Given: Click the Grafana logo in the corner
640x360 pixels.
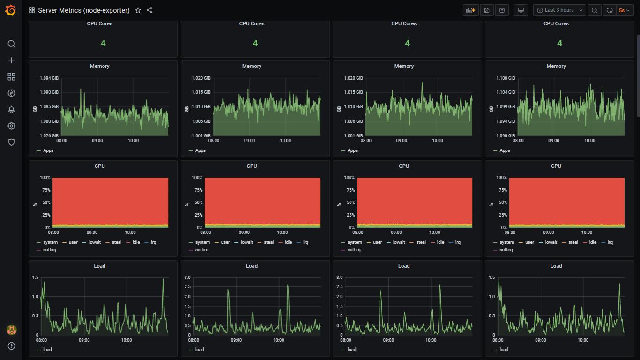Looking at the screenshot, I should point(11,10).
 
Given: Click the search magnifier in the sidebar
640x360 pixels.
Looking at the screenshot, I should point(12,44).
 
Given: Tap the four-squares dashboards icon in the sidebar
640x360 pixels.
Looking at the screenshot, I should point(12,77).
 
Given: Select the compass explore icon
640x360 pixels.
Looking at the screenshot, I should point(12,93).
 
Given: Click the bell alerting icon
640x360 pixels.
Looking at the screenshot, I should point(12,110).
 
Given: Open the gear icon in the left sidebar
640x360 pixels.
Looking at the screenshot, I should point(12,126).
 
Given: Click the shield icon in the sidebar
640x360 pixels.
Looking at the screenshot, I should point(12,142).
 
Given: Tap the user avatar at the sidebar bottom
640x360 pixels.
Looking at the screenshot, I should point(12,330).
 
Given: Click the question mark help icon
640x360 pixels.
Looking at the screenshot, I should point(12,346).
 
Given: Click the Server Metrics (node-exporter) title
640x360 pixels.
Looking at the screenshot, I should point(83,10).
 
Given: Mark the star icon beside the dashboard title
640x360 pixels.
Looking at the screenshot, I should point(138,10).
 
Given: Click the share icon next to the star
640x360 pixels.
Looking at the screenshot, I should point(149,10).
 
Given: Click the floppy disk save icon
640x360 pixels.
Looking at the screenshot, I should point(487,10).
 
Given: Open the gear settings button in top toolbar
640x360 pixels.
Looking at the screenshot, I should point(502,10).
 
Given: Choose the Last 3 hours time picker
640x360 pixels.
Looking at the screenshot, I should point(559,10).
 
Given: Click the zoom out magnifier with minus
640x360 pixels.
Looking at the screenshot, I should point(595,10).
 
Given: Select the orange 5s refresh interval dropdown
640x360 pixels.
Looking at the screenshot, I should point(624,10).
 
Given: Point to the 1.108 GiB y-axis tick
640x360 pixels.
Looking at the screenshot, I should point(506,78).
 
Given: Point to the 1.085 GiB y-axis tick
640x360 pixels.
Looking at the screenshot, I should point(49,107).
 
